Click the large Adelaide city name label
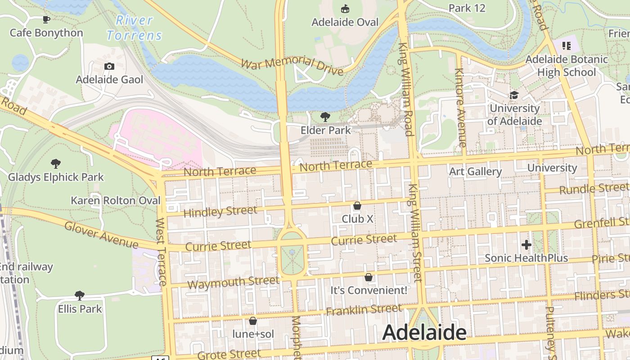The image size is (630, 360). [424, 333]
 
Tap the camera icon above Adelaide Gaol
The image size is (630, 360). [109, 67]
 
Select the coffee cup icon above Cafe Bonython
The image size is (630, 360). [46, 19]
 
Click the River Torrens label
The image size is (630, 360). [134, 28]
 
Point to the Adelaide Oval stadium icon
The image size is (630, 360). [345, 9]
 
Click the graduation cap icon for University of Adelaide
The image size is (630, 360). [514, 95]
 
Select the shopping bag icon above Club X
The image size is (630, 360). [357, 206]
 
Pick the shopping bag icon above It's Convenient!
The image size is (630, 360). [369, 277]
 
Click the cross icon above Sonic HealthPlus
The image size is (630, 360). [526, 245]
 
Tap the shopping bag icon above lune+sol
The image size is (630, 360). [253, 321]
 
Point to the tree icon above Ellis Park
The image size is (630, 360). [80, 296]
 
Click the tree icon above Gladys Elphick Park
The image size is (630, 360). [56, 164]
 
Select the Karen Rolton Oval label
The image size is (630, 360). [116, 200]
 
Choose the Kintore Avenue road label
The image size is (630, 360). [459, 108]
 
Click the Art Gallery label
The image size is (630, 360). [475, 171]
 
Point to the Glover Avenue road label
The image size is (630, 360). [101, 234]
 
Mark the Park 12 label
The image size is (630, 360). [467, 8]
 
